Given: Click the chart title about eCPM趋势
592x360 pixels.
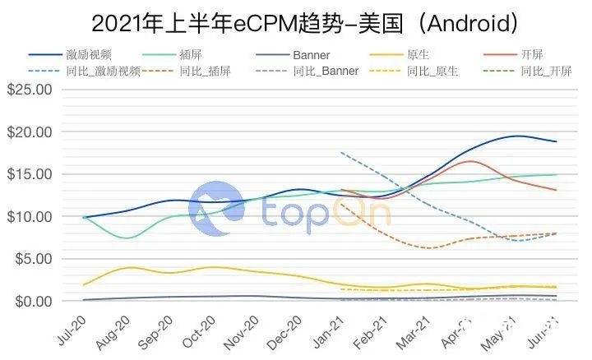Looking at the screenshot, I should click(x=295, y=20).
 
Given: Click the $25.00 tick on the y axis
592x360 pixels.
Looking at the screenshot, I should click(x=30, y=89).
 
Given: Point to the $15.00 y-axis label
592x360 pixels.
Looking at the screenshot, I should click(x=30, y=174).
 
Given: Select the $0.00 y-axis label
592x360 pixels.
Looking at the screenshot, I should click(x=33, y=302).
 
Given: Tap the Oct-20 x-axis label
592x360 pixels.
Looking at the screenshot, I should click(x=207, y=326).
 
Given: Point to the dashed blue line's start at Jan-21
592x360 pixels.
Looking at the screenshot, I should click(x=340, y=152).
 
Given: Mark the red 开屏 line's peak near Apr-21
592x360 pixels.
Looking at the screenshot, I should click(x=469, y=161).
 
